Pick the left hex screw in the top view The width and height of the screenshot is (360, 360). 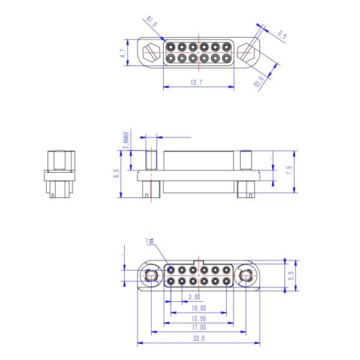(x=152, y=52)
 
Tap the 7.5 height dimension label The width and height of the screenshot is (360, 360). (x=289, y=170)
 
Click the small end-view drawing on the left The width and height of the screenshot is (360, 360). (x=59, y=174)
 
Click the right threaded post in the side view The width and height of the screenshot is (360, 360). (x=245, y=160)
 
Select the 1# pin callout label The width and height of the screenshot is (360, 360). (x=150, y=241)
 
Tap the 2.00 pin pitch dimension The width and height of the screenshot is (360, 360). (x=194, y=298)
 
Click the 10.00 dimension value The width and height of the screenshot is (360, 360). (x=198, y=308)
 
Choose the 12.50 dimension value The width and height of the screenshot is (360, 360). (x=198, y=318)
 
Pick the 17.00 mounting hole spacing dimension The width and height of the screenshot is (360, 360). (x=198, y=328)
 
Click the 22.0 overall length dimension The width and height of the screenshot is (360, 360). (x=198, y=339)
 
